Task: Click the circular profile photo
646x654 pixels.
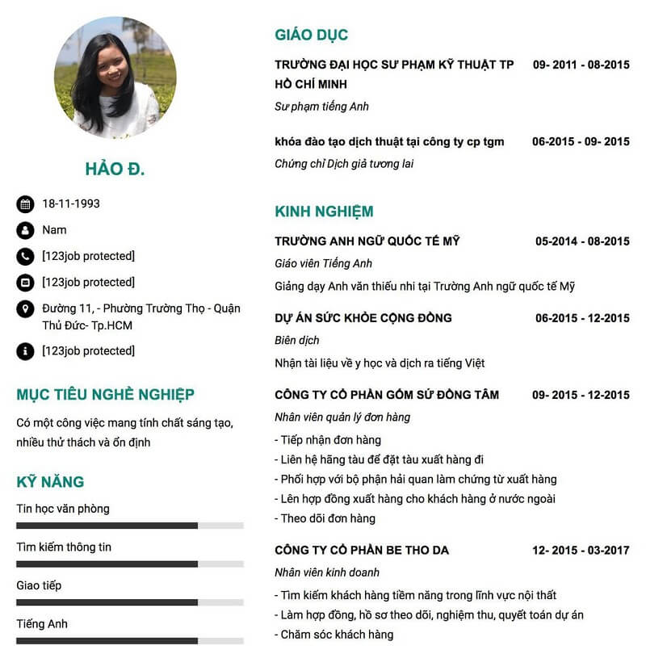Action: tap(115, 78)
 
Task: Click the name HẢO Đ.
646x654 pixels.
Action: tap(115, 169)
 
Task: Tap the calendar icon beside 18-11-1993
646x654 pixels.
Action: tap(25, 204)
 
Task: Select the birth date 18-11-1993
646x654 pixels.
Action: tap(71, 204)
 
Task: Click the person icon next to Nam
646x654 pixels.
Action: tap(25, 230)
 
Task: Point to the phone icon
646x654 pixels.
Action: tap(25, 257)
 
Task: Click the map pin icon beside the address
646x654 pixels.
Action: tap(25, 309)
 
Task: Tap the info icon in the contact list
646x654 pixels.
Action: tap(25, 351)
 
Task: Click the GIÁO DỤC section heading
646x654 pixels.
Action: tap(311, 35)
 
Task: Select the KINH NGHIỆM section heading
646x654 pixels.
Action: tap(324, 212)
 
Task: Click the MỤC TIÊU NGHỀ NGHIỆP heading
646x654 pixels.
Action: tap(105, 395)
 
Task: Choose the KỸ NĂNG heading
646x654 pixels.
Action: tap(50, 482)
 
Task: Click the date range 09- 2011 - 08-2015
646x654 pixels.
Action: tap(581, 65)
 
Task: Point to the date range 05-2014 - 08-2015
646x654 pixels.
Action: tap(582, 241)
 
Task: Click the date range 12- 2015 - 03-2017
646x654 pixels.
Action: tap(581, 551)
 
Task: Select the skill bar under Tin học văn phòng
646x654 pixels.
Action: tap(129, 526)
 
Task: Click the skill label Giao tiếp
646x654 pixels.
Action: tap(39, 585)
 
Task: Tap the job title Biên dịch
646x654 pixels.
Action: tap(297, 341)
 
